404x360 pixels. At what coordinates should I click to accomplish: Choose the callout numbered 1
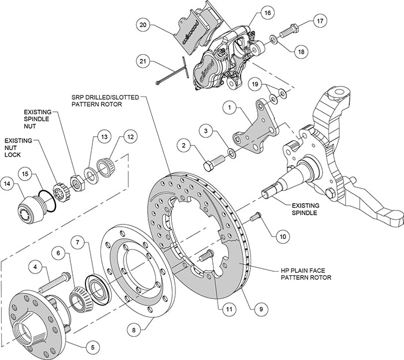(x=229, y=107)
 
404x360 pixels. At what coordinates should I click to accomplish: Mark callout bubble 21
(x=144, y=60)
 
